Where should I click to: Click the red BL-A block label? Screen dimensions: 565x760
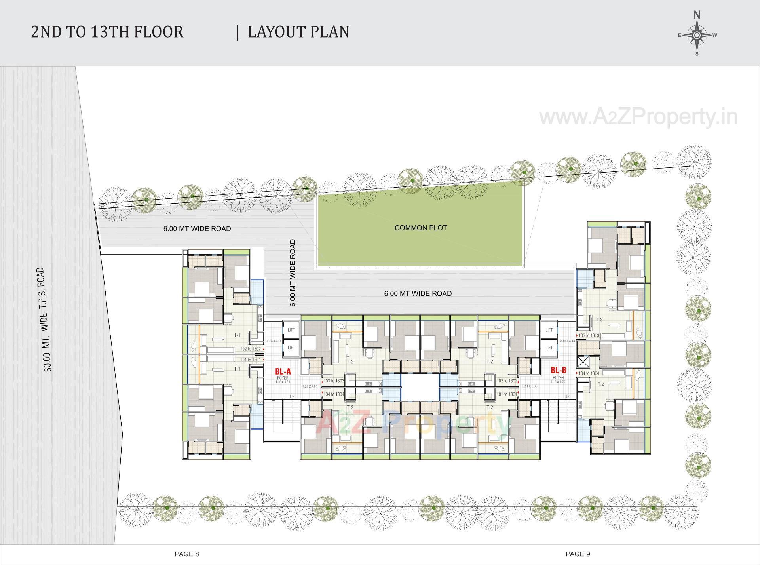click(x=283, y=371)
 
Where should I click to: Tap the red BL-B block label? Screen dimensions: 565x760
click(x=559, y=371)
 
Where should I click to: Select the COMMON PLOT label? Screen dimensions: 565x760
click(x=420, y=228)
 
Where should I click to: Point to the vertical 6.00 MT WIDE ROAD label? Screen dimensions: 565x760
click(x=293, y=273)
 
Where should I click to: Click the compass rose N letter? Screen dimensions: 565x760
click(x=697, y=15)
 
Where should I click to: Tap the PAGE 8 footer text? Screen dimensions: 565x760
click(x=187, y=554)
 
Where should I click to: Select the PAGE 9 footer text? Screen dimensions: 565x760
click(x=578, y=554)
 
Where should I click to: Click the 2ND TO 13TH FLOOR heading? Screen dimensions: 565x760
click(x=107, y=32)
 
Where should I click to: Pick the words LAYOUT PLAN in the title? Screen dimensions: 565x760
click(x=298, y=32)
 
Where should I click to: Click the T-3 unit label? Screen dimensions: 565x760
click(x=599, y=320)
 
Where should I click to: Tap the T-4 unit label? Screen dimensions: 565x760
click(x=601, y=385)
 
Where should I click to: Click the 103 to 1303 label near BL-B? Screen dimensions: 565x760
click(x=589, y=335)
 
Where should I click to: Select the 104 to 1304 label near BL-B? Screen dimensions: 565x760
click(x=589, y=373)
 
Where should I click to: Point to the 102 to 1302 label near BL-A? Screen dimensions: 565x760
click(x=250, y=349)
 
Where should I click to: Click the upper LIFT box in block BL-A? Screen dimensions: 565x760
click(x=291, y=330)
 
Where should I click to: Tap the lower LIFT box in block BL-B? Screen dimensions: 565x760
click(x=549, y=348)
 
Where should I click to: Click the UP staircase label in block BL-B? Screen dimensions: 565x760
click(x=567, y=397)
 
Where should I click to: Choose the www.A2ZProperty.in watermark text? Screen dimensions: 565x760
click(x=638, y=117)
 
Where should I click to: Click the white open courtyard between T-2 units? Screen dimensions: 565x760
click(x=420, y=387)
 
